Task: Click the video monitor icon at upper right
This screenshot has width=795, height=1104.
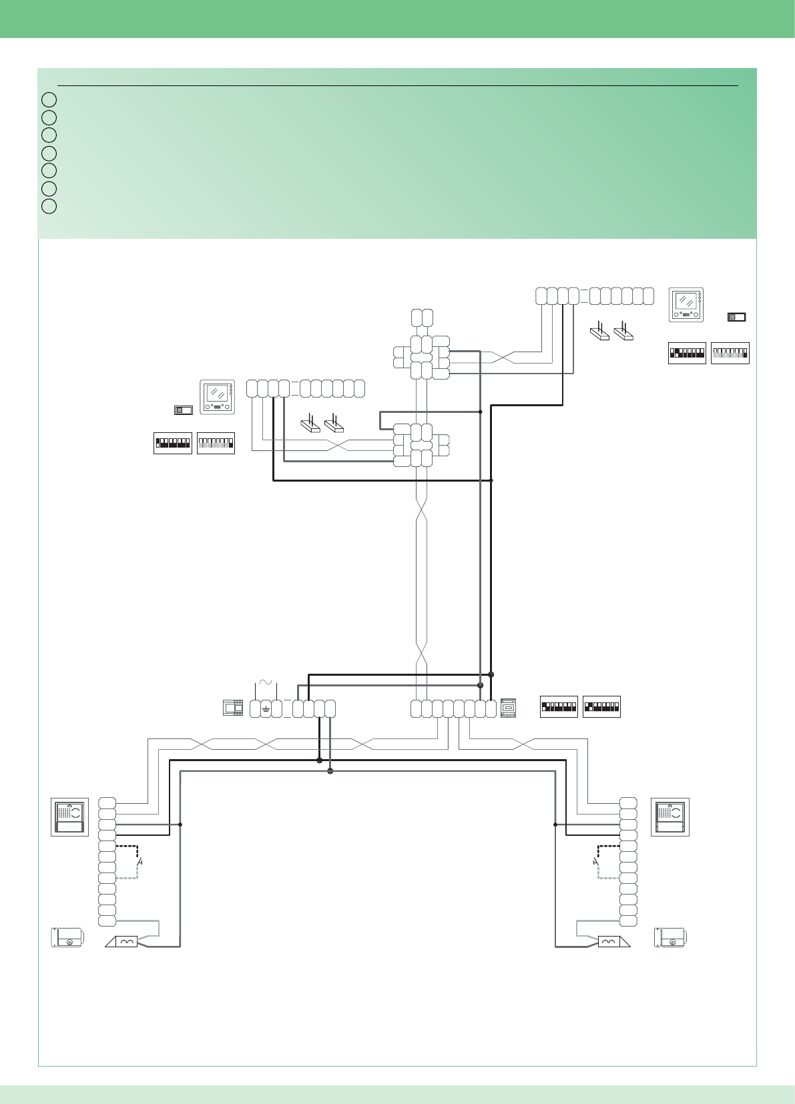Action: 686,305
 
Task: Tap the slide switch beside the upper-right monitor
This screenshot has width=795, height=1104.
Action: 736,317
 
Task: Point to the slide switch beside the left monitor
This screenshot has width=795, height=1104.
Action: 183,410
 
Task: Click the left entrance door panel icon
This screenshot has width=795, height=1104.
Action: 70,817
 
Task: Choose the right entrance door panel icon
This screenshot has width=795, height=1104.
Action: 670,817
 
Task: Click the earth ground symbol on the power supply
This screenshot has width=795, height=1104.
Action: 266,708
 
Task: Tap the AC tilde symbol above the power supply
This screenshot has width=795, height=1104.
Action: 266,682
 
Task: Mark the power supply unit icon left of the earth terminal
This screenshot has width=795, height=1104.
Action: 232,707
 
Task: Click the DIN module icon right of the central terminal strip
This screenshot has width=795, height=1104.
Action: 508,707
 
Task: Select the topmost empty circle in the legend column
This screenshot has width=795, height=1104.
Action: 49,100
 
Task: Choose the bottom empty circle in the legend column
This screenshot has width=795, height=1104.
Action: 49,206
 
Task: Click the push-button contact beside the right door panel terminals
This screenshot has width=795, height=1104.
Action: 595,862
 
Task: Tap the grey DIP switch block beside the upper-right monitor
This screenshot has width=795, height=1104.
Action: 730,353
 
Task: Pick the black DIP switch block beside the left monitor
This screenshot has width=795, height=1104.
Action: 173,444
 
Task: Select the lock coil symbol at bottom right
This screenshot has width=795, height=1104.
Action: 609,941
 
